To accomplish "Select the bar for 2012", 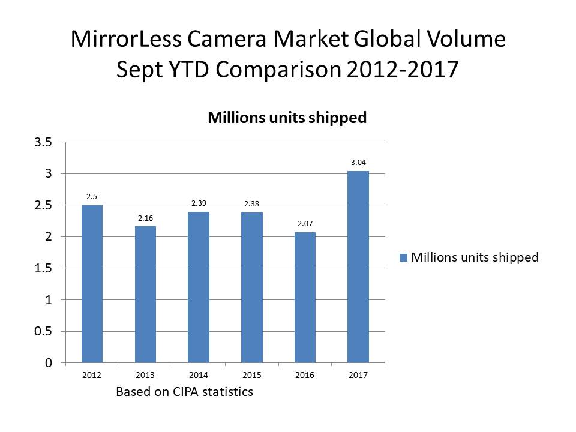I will point(92,284).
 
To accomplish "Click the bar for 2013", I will point(145,295).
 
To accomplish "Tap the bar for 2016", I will point(305,298).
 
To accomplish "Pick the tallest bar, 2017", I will point(358,267).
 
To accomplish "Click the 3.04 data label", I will point(358,161).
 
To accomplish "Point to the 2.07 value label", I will point(305,223).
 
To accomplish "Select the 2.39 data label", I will point(199,203).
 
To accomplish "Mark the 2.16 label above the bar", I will point(145,217).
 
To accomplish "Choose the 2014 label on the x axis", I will point(199,375).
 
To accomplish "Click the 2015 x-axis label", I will point(251,375).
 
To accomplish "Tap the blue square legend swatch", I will point(404,257).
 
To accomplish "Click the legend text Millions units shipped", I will point(475,257).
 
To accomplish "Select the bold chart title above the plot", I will point(287,118).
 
